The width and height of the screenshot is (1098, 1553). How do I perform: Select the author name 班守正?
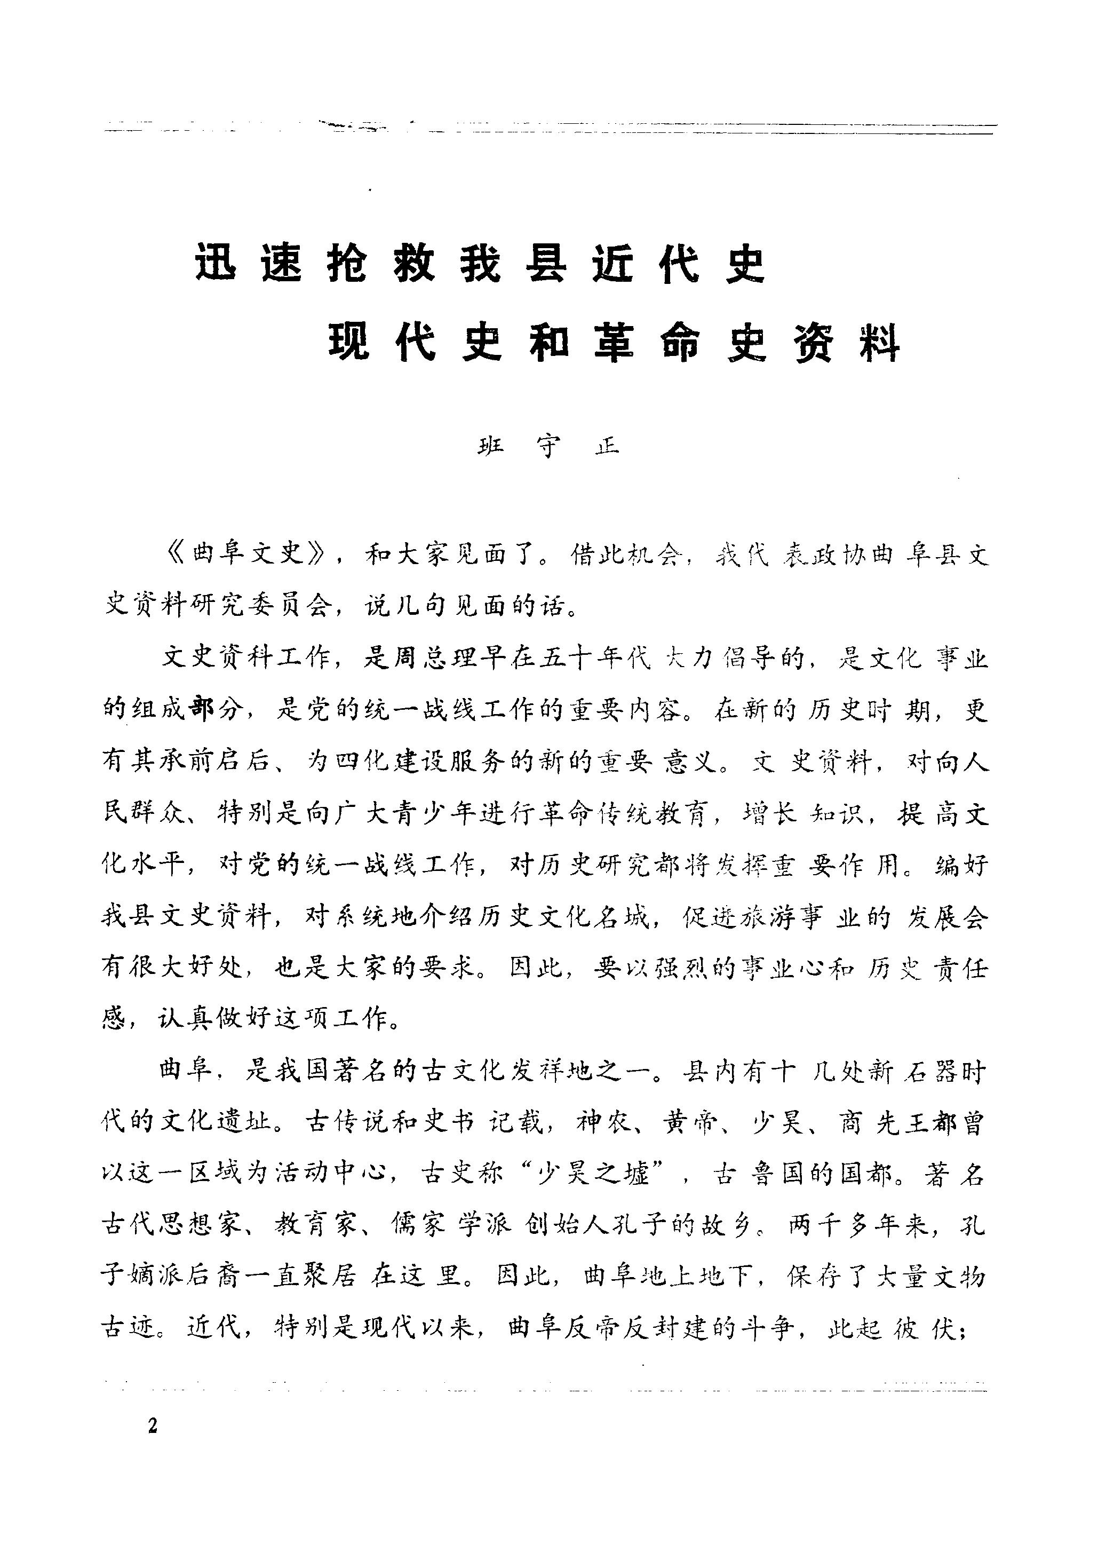click(548, 446)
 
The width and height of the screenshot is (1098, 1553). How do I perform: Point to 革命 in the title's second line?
click(648, 342)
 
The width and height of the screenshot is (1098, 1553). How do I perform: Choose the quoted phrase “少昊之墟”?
click(587, 1175)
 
